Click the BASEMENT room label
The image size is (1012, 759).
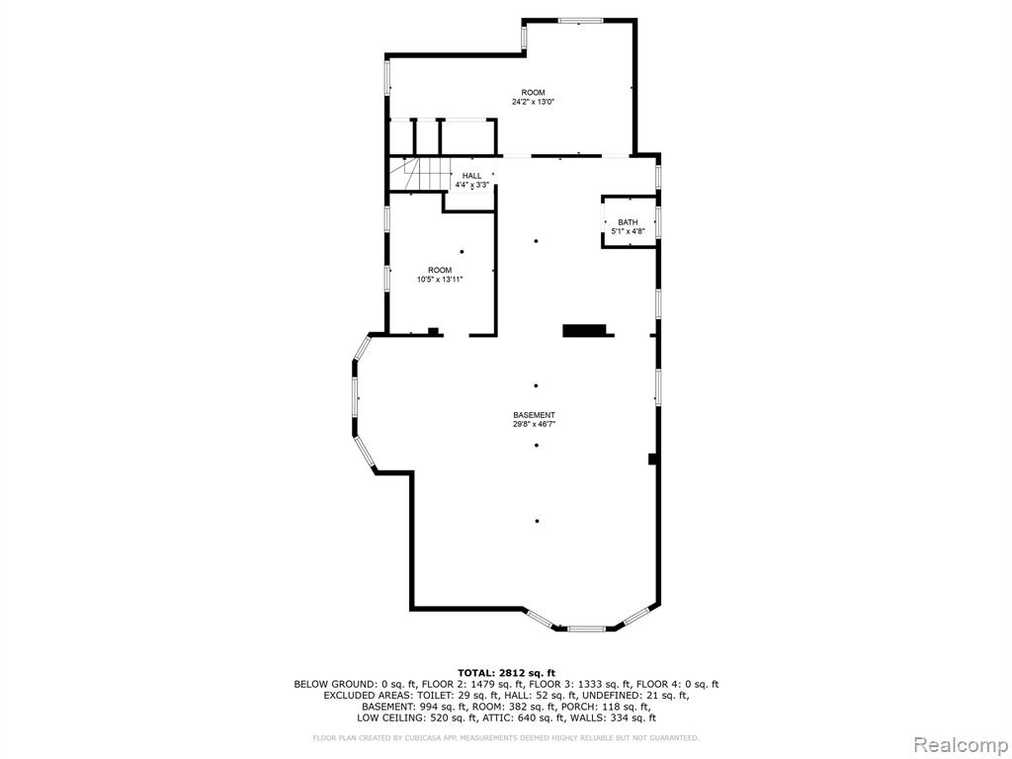tap(534, 415)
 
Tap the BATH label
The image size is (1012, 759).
tap(628, 222)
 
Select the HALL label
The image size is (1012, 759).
tap(471, 176)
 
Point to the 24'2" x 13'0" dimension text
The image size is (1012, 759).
tap(533, 102)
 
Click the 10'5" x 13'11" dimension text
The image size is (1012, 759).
tap(440, 280)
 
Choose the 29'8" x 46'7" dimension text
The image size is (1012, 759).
tap(534, 425)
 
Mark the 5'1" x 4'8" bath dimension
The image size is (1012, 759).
tap(628, 231)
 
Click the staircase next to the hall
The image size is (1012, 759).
tap(419, 174)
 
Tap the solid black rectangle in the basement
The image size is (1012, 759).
tap(585, 330)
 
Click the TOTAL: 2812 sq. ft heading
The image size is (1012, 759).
tap(506, 672)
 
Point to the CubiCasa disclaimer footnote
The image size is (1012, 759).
tap(505, 737)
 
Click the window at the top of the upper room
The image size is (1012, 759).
tap(580, 21)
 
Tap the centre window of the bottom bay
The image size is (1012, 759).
tap(587, 628)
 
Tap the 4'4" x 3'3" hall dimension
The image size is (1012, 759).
tap(471, 185)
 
